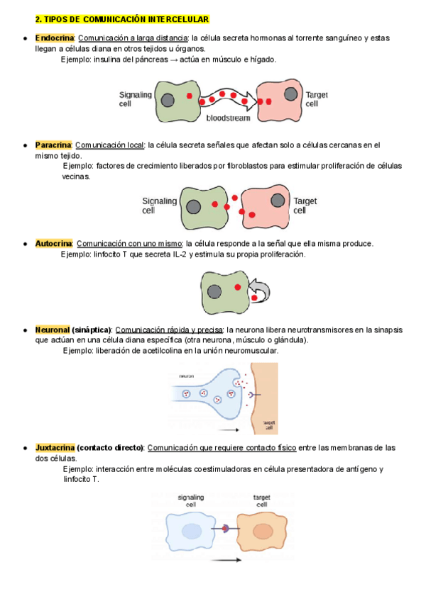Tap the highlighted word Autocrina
click(54, 244)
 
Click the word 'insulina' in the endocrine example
click(107, 60)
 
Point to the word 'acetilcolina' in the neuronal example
click(165, 351)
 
